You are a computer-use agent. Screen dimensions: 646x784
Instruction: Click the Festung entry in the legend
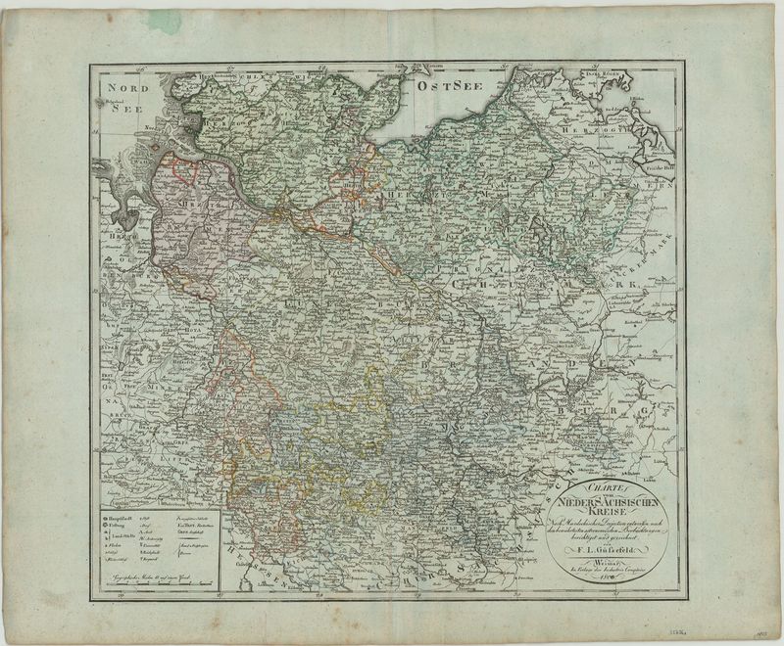(x=119, y=524)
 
